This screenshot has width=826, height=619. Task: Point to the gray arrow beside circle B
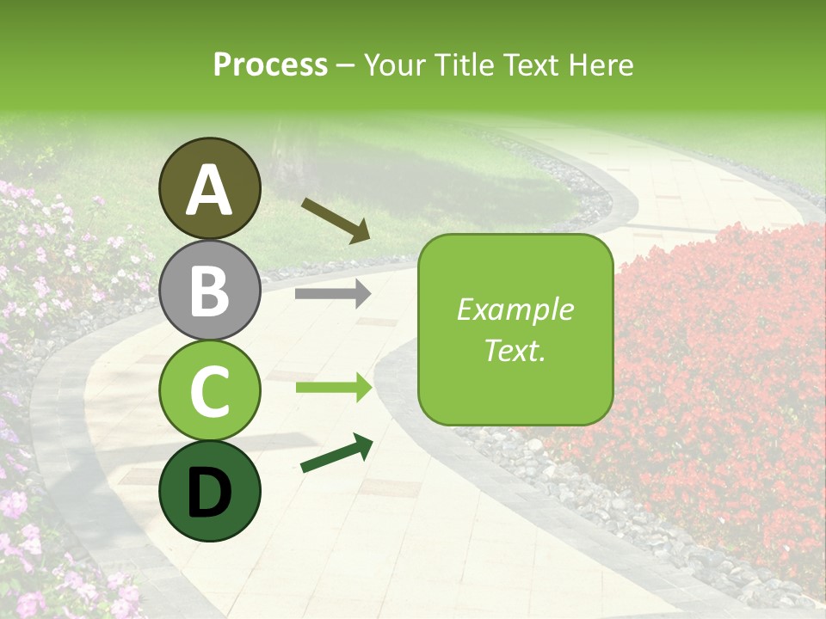point(333,294)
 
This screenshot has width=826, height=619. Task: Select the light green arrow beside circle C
point(334,388)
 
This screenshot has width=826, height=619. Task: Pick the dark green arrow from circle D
point(336,454)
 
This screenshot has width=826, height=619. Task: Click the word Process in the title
point(270,64)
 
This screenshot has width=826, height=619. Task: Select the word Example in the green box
point(515,309)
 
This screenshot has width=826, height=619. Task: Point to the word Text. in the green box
point(515,350)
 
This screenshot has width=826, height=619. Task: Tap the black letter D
point(210,493)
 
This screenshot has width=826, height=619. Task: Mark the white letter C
point(210,391)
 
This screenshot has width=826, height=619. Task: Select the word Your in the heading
point(395,64)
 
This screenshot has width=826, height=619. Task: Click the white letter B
point(210,291)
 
